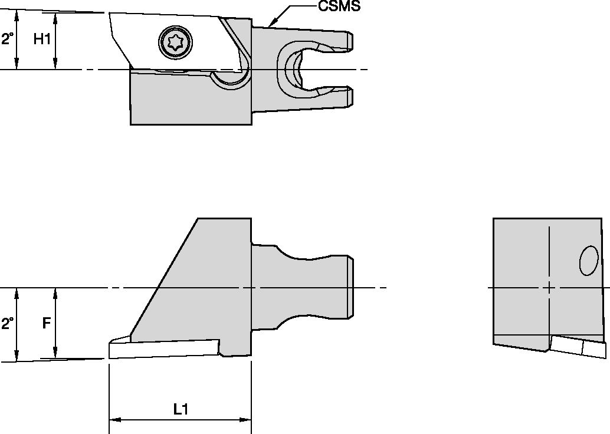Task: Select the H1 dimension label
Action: [41, 40]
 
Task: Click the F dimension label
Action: [46, 323]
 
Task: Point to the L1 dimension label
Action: [181, 409]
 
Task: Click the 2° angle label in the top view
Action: [7, 40]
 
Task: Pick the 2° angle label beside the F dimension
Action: [7, 323]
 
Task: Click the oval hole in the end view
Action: [589, 261]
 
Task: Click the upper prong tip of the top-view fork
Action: [349, 41]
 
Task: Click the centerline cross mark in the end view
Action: [549, 288]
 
